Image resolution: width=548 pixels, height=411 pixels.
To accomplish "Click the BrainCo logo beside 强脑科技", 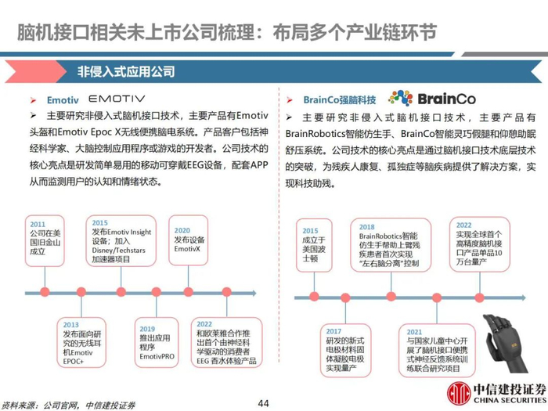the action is [x=421, y=99].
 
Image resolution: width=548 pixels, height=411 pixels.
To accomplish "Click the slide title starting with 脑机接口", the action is [x=227, y=32].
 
